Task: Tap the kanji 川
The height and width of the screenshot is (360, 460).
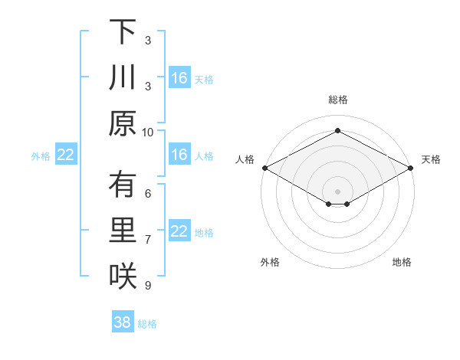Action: coord(123,79)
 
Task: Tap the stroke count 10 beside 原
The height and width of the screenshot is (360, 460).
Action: coord(148,132)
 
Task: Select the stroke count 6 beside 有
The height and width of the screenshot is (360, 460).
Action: coord(148,194)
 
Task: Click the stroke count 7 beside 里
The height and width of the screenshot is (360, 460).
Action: coord(148,239)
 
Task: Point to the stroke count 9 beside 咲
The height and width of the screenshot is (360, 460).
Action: coord(148,285)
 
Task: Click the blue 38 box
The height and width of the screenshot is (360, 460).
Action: coord(122,322)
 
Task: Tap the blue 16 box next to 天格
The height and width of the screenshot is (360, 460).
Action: coord(179,78)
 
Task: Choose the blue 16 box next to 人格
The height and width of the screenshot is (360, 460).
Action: coord(179,155)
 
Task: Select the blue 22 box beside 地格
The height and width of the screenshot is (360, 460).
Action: coord(179,232)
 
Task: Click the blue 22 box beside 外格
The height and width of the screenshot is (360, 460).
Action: coord(65,155)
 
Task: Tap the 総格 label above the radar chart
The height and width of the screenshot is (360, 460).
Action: coord(337,100)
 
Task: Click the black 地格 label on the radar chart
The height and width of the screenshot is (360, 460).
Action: coord(402,263)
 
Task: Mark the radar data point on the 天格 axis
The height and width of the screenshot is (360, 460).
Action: coord(411,168)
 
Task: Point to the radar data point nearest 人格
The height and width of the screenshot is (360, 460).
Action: coord(264,168)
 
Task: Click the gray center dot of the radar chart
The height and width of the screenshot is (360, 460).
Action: coord(337,190)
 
